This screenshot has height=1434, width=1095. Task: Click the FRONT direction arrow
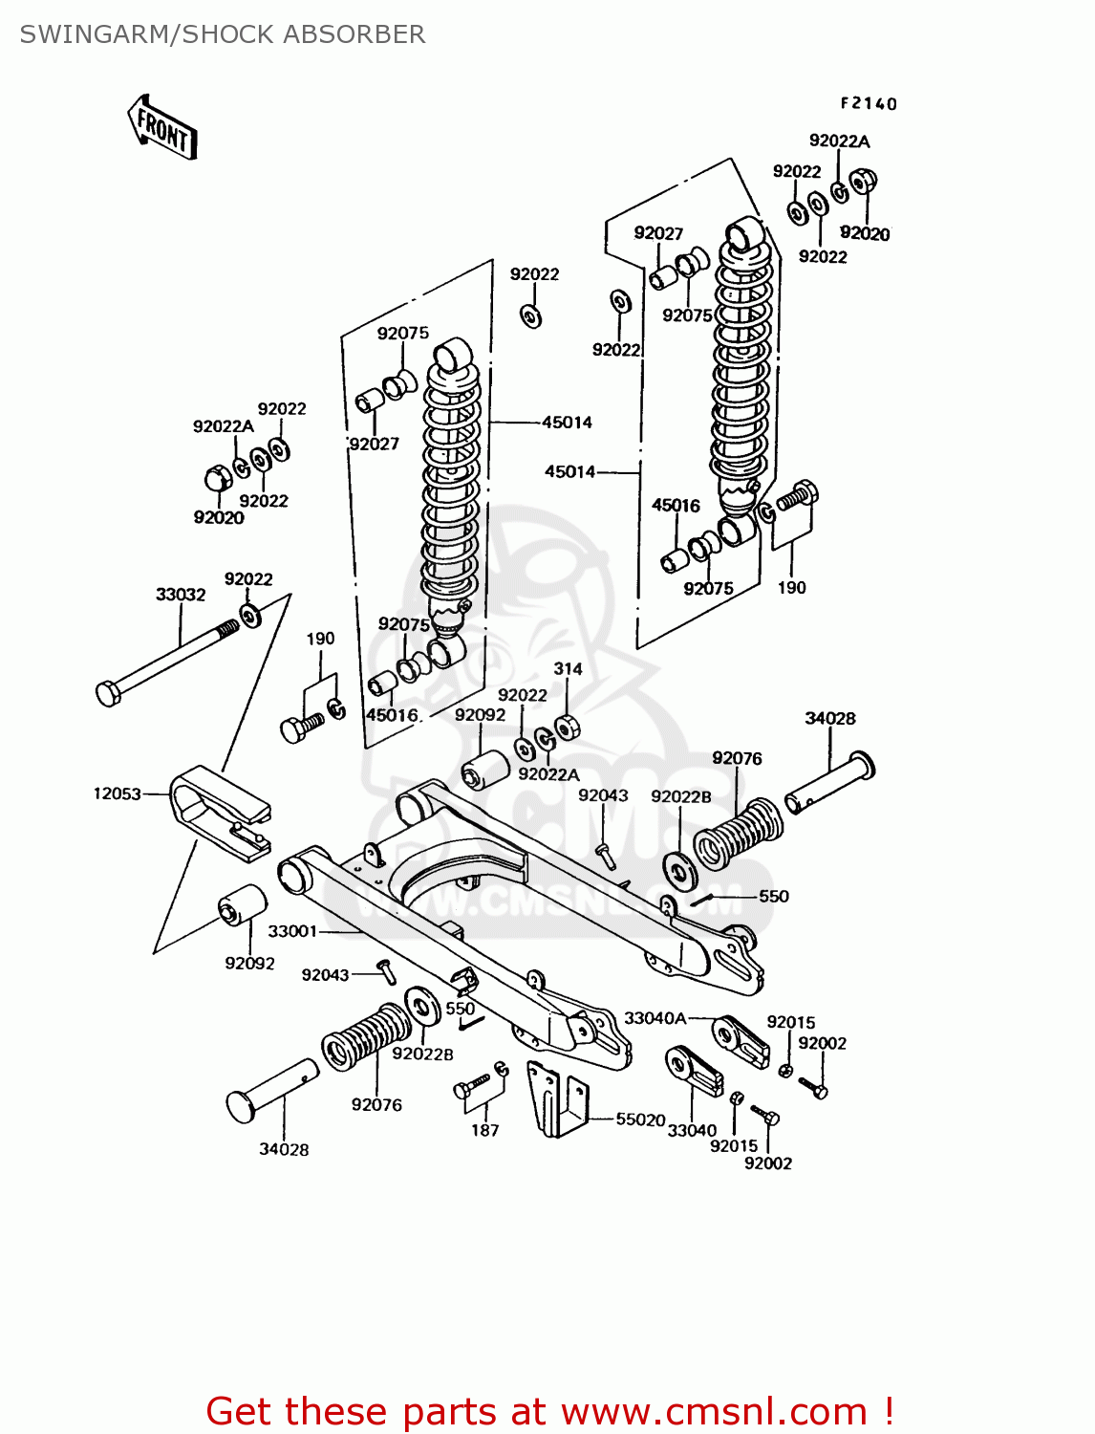pos(162,127)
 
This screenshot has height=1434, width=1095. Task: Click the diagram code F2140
pos(869,103)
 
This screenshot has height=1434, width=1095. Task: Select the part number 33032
pos(181,595)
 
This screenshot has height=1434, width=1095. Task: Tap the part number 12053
pos(117,793)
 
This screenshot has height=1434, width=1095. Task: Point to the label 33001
pos(292,930)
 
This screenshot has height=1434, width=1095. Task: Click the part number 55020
pos(640,1119)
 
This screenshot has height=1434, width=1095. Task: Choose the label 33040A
pos(655,1018)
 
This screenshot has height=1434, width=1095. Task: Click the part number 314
pos(568,669)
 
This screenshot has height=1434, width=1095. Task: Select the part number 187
pos(485,1130)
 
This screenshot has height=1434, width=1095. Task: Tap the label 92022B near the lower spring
pos(423,1054)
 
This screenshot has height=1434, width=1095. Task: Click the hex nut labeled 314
pos(567,727)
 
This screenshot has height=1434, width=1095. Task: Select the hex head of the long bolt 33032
pos(108,692)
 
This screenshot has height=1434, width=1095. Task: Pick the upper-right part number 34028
pos(829,718)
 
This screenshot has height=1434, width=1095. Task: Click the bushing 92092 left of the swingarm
pos(243,904)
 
